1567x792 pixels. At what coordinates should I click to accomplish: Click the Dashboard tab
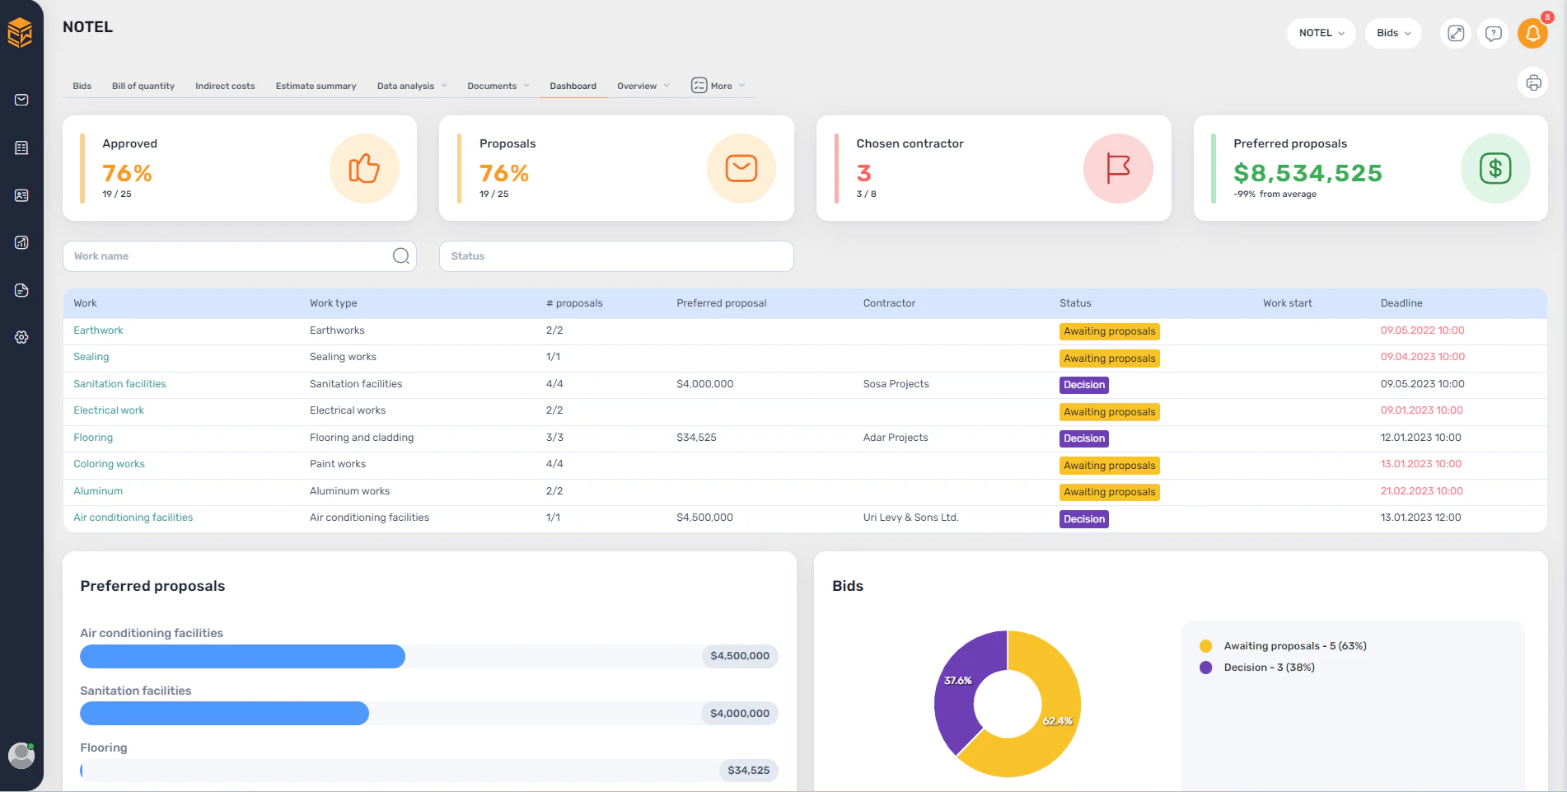[x=573, y=86]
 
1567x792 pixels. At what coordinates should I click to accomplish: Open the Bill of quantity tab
[x=143, y=86]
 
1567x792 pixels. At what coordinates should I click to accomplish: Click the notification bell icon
[x=1532, y=34]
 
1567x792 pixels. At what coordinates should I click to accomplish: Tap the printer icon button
[x=1532, y=82]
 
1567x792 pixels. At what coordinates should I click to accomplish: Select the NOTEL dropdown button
[x=1321, y=33]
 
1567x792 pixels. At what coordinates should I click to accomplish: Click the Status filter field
[x=615, y=256]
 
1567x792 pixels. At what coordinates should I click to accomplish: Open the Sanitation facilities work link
[x=119, y=384]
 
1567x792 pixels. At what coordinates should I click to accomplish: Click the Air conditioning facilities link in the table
[x=133, y=518]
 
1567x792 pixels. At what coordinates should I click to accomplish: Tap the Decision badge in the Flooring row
[x=1083, y=438]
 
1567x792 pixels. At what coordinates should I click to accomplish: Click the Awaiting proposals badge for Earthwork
[x=1109, y=331]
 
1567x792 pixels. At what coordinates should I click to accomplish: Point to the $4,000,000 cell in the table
[x=704, y=384]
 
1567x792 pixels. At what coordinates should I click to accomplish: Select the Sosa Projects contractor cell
[x=896, y=384]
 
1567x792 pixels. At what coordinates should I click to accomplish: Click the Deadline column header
[x=1401, y=303]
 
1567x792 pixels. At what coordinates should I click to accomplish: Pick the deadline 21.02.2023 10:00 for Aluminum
[x=1421, y=491]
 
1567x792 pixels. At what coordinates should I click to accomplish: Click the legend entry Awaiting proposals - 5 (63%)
[x=1294, y=646]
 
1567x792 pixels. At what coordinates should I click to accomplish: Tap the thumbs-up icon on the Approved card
[x=364, y=169]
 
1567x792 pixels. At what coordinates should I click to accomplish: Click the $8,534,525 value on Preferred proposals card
[x=1307, y=173]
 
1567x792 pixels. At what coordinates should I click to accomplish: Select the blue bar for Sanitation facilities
[x=224, y=714]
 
